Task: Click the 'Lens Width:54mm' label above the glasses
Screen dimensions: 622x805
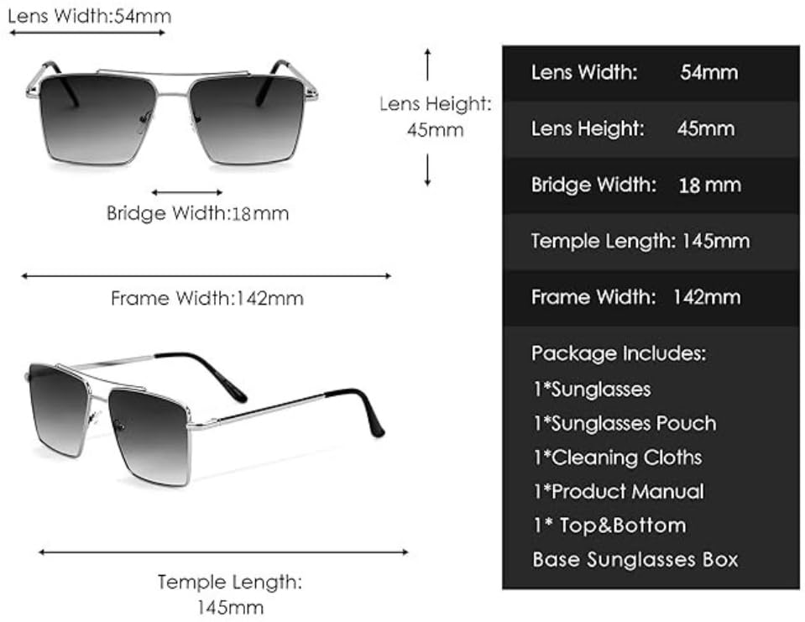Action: (91, 15)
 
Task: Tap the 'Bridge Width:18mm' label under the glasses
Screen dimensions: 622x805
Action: (197, 213)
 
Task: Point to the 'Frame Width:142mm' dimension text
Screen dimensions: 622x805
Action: (206, 298)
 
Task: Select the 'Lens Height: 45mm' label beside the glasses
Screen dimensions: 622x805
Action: (435, 117)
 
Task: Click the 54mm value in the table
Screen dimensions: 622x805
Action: (708, 72)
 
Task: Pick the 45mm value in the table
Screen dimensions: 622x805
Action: (705, 128)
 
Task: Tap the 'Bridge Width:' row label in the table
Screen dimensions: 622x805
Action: (593, 185)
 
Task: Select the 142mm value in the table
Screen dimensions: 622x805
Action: (707, 296)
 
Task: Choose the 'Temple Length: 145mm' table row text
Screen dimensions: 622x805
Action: (640, 242)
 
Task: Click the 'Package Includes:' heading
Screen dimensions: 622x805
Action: (619, 353)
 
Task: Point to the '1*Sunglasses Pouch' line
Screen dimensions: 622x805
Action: (625, 423)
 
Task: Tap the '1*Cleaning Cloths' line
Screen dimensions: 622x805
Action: (617, 457)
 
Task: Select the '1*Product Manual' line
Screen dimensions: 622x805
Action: (618, 491)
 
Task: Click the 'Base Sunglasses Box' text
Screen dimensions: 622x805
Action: (635, 559)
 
